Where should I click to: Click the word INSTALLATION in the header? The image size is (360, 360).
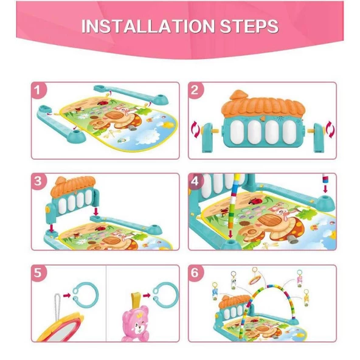pyautogui.click(x=148, y=26)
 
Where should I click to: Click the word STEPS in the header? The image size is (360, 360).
pyautogui.click(x=249, y=26)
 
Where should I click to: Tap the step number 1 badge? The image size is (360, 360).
pyautogui.click(x=38, y=90)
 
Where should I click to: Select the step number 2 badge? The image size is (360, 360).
pyautogui.click(x=195, y=90)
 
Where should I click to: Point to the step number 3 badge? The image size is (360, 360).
pyautogui.click(x=38, y=181)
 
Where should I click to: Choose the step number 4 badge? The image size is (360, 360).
pyautogui.click(x=195, y=181)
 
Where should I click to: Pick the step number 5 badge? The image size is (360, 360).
pyautogui.click(x=38, y=273)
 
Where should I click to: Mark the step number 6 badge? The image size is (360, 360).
pyautogui.click(x=195, y=273)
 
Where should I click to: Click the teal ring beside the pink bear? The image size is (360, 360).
pyautogui.click(x=166, y=295)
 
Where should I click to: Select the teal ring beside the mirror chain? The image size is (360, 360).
pyautogui.click(x=85, y=294)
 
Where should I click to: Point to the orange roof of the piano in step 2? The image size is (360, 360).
pyautogui.click(x=263, y=104)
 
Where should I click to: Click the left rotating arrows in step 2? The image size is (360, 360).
pyautogui.click(x=196, y=130)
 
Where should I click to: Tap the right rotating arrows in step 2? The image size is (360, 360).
pyautogui.click(x=330, y=130)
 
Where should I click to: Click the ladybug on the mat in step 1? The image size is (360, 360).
pyautogui.click(x=103, y=103)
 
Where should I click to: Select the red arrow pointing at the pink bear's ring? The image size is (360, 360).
pyautogui.click(x=147, y=296)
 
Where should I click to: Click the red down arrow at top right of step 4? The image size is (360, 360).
pyautogui.click(x=325, y=190)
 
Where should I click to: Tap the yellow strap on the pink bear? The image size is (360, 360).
pyautogui.click(x=135, y=300)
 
